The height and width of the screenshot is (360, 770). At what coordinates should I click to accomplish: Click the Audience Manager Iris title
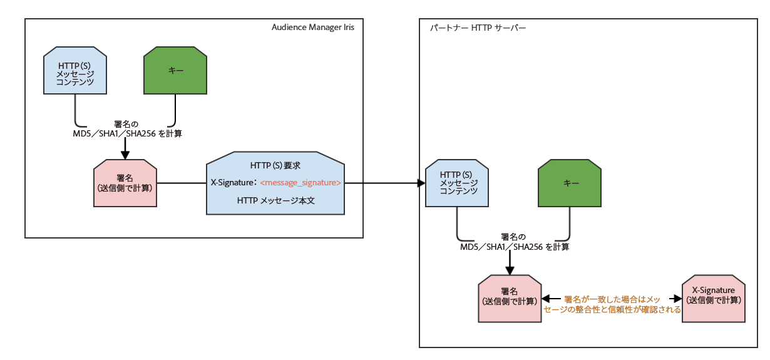coord(317,28)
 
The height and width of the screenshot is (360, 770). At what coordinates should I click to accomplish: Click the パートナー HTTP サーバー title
coord(478,28)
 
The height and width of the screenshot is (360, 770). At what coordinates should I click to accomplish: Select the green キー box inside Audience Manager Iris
coord(175,71)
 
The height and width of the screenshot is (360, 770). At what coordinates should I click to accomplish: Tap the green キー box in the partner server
coord(569,183)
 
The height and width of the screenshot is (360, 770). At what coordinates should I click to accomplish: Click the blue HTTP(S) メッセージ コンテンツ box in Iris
coord(75,71)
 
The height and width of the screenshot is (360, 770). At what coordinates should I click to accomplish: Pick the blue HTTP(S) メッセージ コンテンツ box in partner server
coord(456,183)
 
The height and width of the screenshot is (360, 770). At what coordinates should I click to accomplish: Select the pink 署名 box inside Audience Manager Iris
coord(125,183)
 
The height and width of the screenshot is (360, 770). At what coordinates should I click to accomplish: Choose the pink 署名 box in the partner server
coord(509,299)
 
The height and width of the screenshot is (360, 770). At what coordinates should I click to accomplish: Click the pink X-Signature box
coord(714,299)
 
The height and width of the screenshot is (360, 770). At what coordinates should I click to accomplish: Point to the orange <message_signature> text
coord(300,183)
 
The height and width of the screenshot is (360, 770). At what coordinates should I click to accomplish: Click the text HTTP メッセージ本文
coord(275,200)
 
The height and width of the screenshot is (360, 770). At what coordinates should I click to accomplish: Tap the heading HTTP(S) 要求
coord(275,166)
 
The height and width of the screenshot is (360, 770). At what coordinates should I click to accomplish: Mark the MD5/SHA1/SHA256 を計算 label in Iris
coord(128,133)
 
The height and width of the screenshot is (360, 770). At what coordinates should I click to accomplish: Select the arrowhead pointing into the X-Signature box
coord(677,299)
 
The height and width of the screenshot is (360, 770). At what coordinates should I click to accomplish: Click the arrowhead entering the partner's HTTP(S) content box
coord(421,183)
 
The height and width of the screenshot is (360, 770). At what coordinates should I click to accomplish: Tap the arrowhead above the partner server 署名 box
coord(510,270)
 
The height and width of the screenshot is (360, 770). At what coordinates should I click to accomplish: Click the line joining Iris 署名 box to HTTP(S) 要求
coord(181,183)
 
